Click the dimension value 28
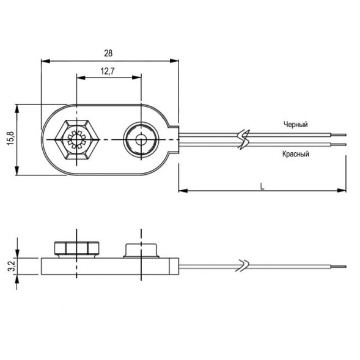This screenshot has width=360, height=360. tap(109, 54)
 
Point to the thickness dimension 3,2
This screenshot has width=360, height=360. tap(9, 265)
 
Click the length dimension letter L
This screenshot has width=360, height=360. tap(262, 185)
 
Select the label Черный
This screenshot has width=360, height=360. tap(295, 125)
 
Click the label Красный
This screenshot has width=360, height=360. tap(295, 154)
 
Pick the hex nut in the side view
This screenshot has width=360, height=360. tap(76, 249)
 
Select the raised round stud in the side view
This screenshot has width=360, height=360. tap(141, 249)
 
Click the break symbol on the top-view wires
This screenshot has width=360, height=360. tap(244, 139)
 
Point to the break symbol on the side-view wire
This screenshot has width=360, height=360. tap(244, 265)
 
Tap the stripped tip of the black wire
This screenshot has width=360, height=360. tap(339, 135)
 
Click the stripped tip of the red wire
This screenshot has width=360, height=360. tap(339, 145)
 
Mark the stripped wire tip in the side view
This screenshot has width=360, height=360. tap(339, 266)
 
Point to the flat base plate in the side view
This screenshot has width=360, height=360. tap(110, 265)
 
